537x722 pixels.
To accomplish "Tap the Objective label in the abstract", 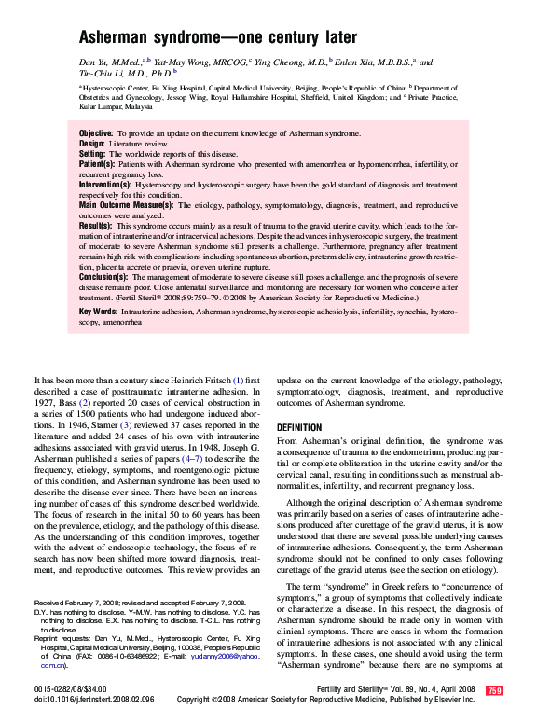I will [x=96, y=134].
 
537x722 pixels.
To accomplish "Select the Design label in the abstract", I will [x=91, y=145].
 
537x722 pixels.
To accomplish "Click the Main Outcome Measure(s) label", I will [x=126, y=204].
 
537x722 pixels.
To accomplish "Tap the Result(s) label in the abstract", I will [x=95, y=225].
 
